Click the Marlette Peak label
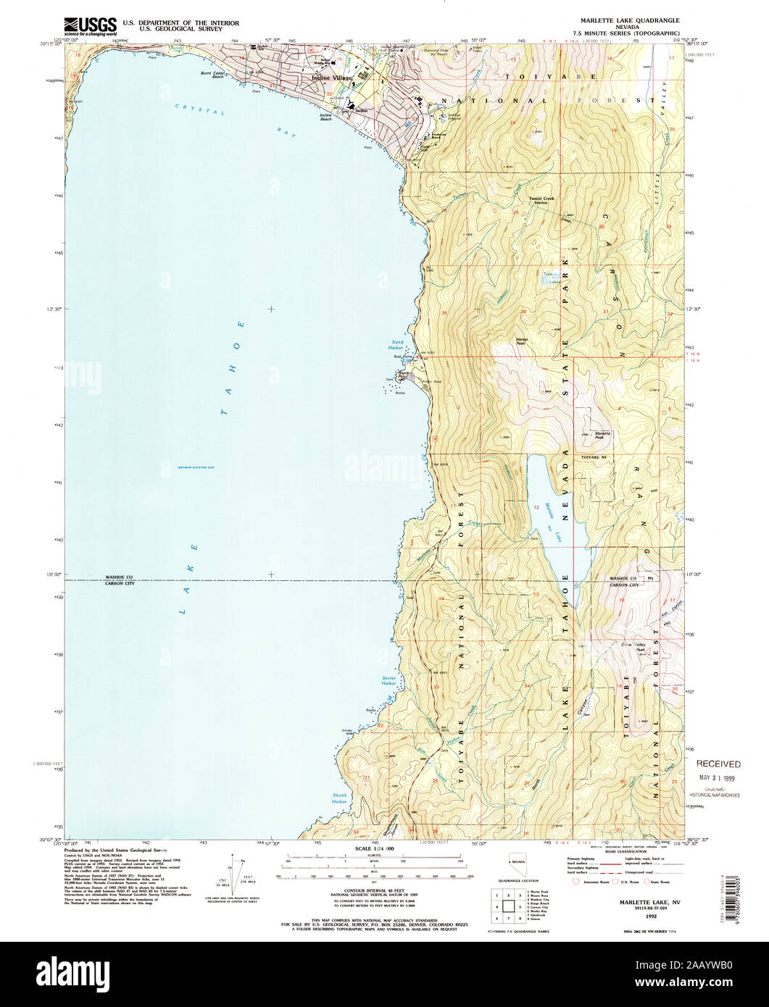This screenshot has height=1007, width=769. click(603, 435)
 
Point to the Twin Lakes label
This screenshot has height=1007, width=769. click(552, 278)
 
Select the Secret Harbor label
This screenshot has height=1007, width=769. click(389, 681)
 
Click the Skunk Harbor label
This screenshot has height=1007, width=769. click(340, 798)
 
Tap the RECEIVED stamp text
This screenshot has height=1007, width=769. click(719, 764)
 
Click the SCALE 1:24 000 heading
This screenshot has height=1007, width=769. click(374, 848)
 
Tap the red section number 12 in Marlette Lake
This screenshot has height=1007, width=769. click(536, 506)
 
